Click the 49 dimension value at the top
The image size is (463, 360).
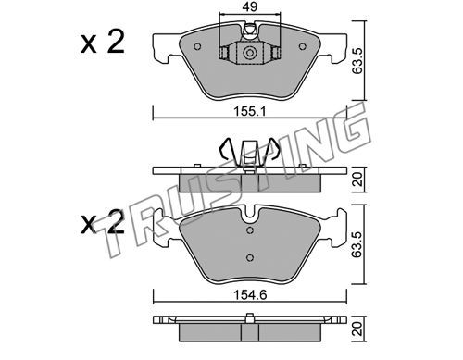point(250,6)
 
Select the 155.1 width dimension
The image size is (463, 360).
point(250,111)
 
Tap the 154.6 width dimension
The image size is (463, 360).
point(250,295)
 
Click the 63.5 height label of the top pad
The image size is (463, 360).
point(357,60)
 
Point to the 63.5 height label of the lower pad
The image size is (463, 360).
point(357,244)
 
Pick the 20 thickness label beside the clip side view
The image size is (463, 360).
point(357,180)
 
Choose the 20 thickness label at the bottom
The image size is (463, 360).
point(357,329)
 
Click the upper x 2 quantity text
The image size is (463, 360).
point(103,43)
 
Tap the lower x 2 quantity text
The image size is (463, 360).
point(103,223)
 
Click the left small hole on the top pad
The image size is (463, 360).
point(197,46)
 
